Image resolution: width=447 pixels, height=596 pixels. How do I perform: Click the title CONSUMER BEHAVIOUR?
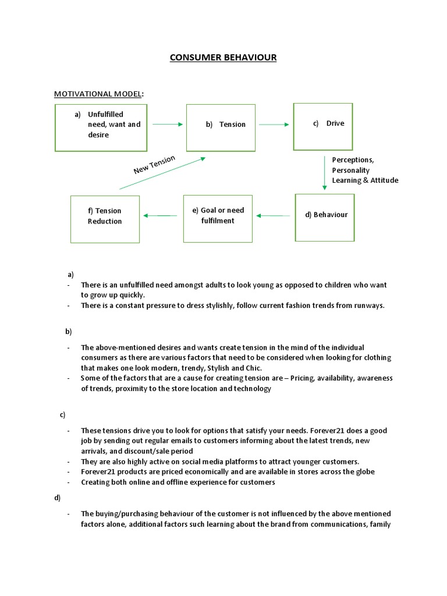tap(223, 57)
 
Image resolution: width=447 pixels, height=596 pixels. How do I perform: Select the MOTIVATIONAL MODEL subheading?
tap(98, 94)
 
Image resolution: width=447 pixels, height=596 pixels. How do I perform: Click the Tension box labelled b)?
tap(221, 127)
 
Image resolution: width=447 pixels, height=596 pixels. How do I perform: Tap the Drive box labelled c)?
tap(323, 126)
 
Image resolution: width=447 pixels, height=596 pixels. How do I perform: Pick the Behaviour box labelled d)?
tap(324, 217)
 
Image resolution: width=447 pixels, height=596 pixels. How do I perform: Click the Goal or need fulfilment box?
tap(218, 218)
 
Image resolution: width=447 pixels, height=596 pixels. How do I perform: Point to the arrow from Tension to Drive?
tap(274, 124)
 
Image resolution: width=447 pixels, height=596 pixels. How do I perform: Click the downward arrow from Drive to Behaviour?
tap(324, 172)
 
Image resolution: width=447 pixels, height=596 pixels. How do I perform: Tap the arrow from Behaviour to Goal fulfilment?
tap(274, 216)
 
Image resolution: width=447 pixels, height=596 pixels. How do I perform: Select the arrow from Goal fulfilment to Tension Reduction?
tap(160, 216)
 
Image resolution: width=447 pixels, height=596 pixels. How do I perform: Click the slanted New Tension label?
tap(154, 165)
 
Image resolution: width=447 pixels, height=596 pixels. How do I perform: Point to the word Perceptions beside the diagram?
tap(353, 159)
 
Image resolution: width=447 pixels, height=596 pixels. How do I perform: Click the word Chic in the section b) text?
tap(254, 368)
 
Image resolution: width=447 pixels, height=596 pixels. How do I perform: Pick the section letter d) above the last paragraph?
tap(57, 498)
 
